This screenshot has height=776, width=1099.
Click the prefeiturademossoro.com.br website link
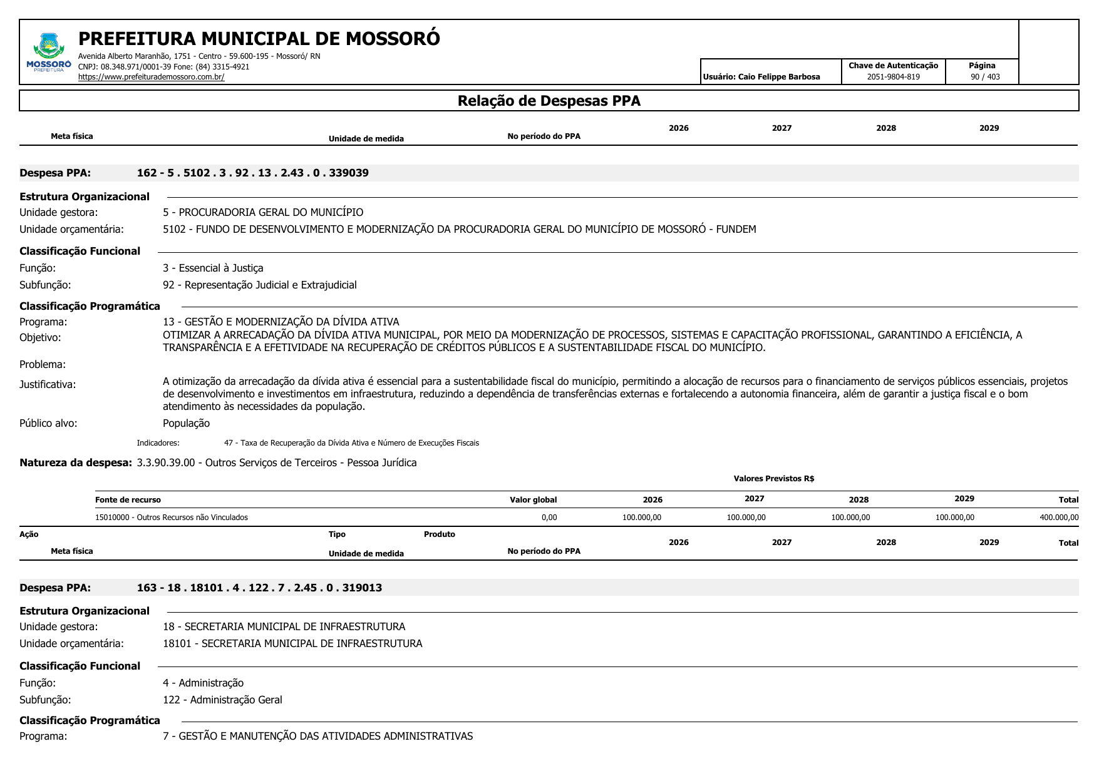point(151,77)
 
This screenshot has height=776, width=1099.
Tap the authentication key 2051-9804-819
point(893,77)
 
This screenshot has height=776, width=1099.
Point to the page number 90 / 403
point(985,77)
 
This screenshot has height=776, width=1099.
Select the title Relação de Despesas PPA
point(549,101)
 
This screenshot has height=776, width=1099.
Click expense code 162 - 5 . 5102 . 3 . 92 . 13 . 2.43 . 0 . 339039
point(252,173)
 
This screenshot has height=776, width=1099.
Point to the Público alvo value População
point(186,423)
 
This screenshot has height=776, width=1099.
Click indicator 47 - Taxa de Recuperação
point(351,443)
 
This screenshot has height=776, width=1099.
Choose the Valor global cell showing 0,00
point(549,518)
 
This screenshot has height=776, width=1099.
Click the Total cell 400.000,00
point(1059,518)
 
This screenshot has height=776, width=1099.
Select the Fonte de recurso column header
point(128,499)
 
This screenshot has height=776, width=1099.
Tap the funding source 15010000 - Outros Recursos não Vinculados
point(171,518)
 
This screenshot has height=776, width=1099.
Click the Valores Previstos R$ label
point(773,479)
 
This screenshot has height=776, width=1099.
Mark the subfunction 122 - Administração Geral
point(222,700)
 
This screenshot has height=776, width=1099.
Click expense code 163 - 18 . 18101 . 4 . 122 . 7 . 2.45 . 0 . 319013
point(259,588)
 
